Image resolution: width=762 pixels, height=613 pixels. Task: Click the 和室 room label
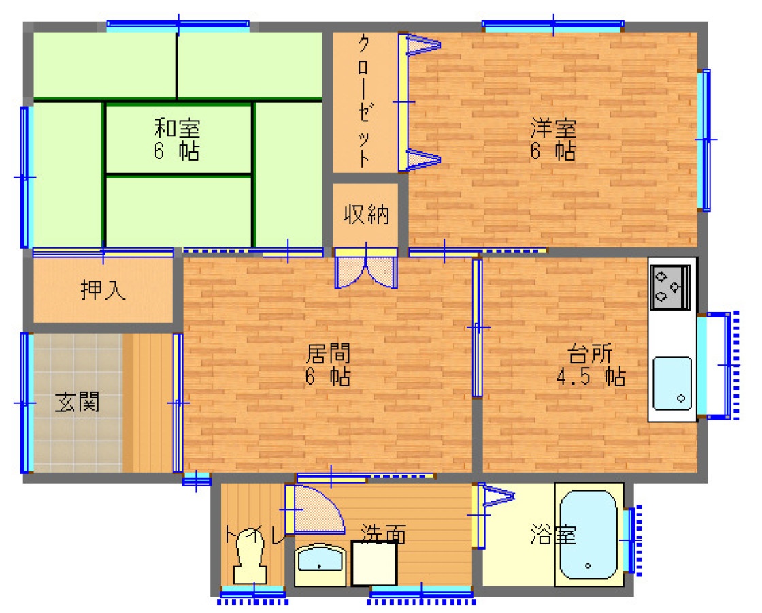pos(177,127)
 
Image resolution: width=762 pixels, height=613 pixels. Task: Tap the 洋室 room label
pos(554,127)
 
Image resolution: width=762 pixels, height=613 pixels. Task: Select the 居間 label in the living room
pos(328,353)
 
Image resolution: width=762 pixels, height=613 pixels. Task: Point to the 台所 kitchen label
pos(590,353)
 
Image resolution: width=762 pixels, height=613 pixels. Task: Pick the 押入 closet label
pos(103,290)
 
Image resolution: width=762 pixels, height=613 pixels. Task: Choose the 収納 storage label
pos(366,215)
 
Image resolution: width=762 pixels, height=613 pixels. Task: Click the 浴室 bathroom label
pos(552,535)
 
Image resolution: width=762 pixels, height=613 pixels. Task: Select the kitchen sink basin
pos(672,382)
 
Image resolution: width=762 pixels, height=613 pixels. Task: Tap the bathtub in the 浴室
pos(588,535)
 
